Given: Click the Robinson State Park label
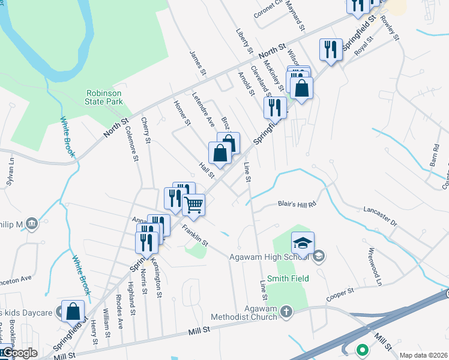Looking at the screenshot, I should click(x=104, y=97).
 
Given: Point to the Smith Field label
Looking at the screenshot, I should click(x=288, y=278).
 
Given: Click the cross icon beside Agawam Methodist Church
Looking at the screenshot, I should click(x=286, y=311).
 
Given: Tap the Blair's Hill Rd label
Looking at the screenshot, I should click(x=297, y=204).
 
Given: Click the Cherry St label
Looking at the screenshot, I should click(x=145, y=130).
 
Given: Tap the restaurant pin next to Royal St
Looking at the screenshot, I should click(x=330, y=49).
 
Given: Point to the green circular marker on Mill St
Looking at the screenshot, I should click(x=362, y=349).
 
